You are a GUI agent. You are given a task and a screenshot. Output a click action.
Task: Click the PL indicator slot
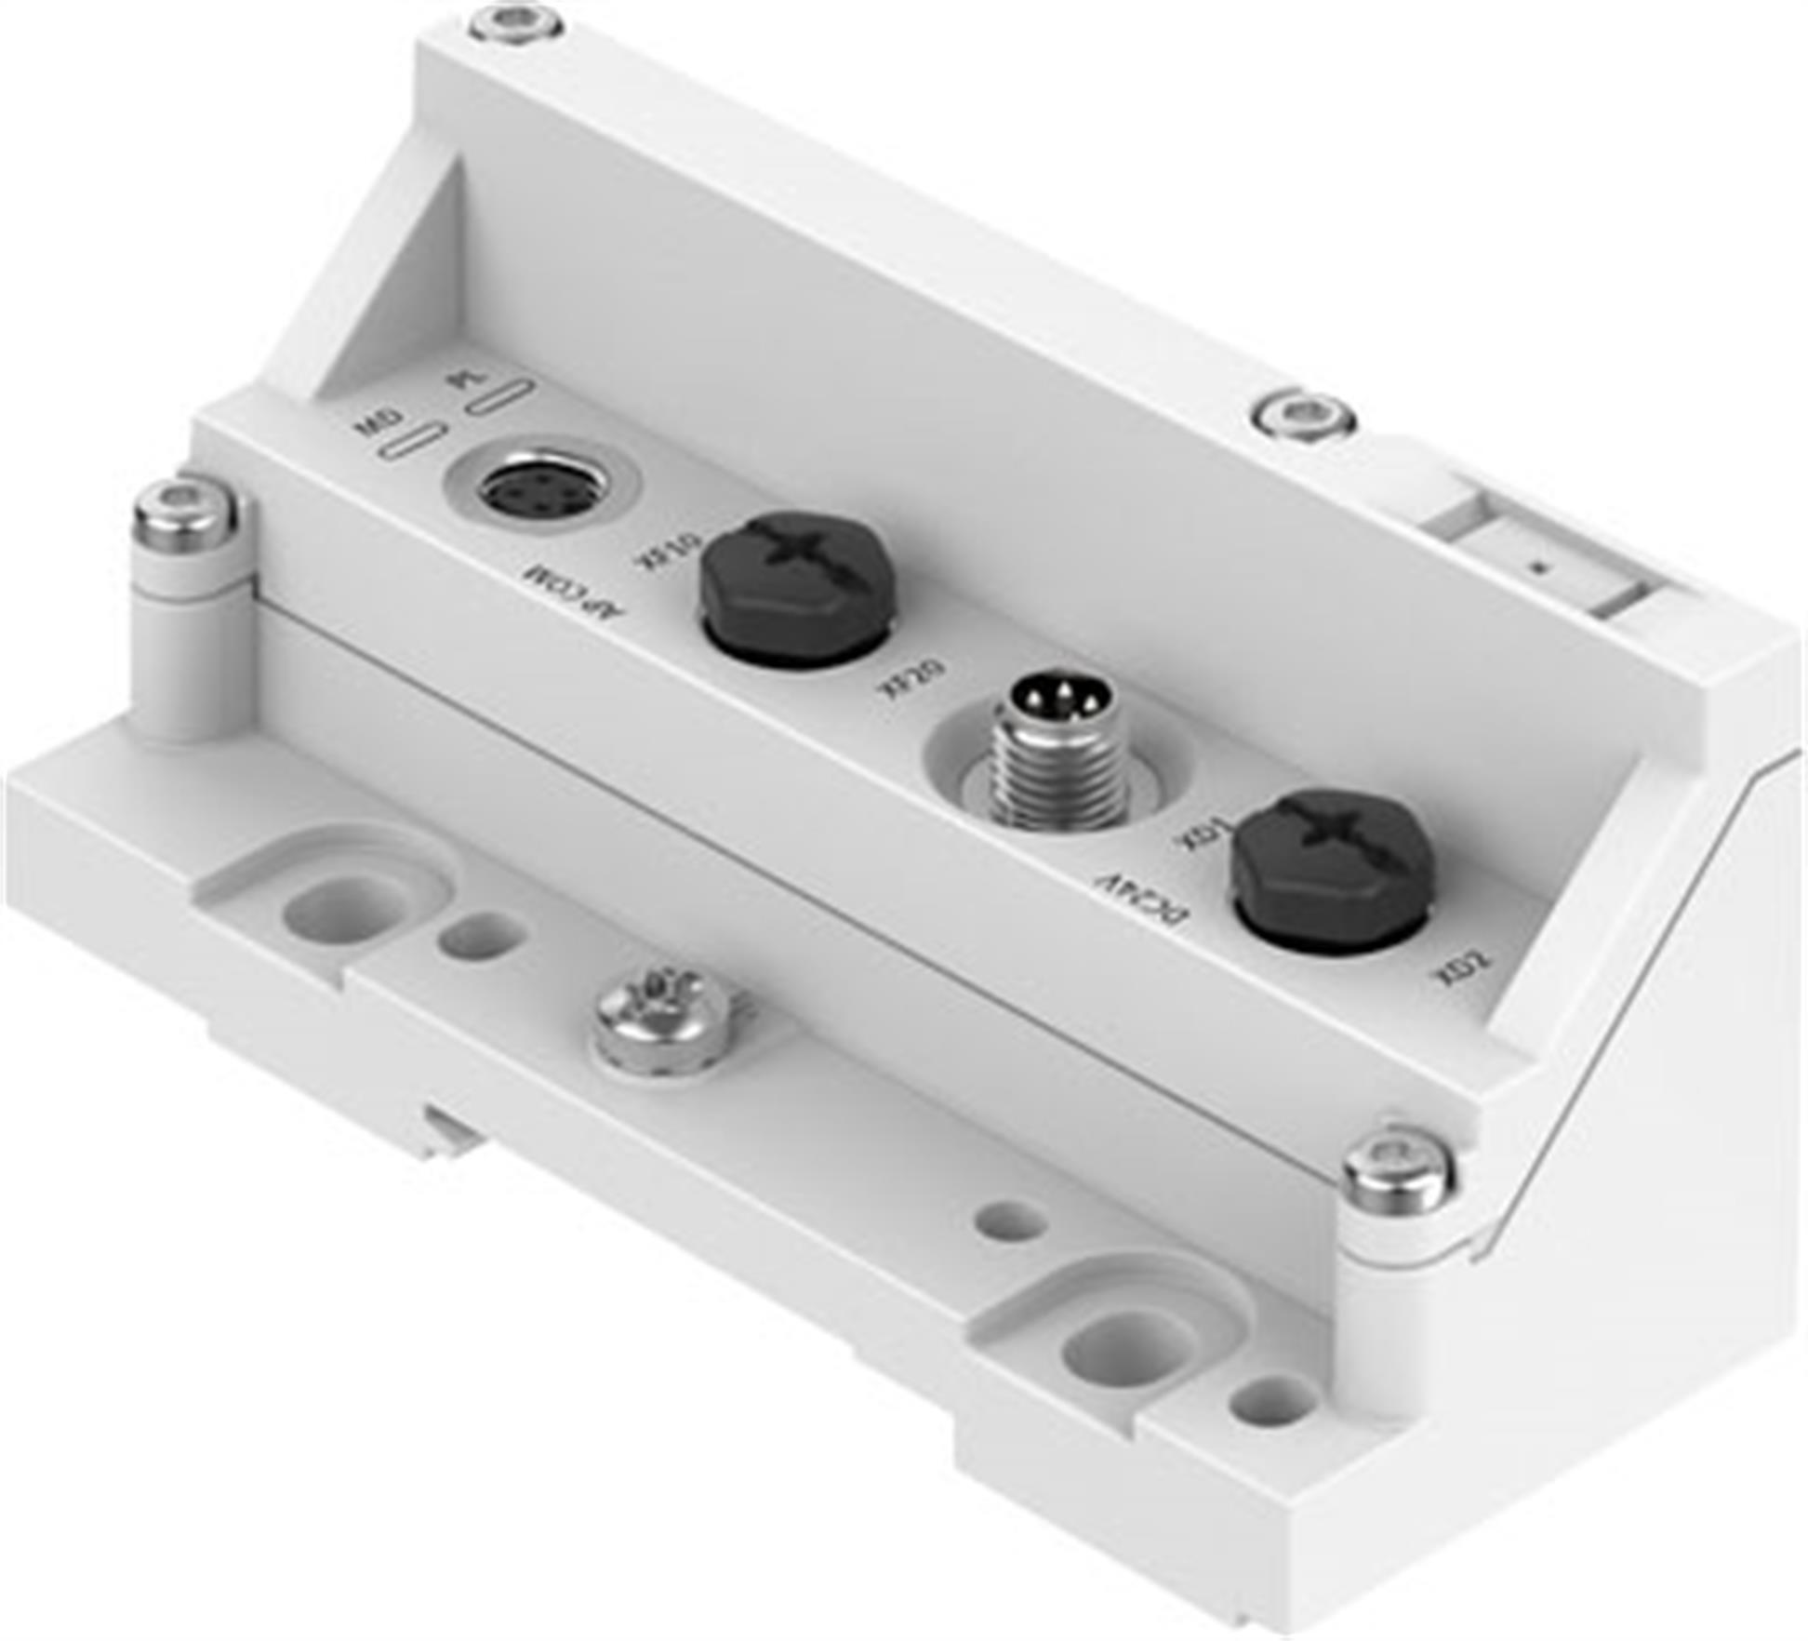pyautogui.click(x=499, y=396)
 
